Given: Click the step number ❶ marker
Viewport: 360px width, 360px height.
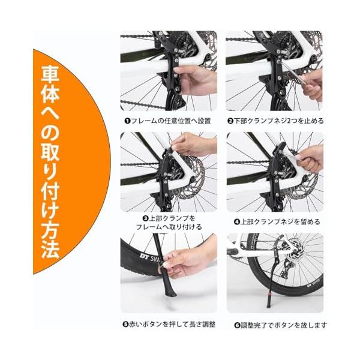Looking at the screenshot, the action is click(127, 121).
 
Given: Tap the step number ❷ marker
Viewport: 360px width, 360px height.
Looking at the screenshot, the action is click(230, 121).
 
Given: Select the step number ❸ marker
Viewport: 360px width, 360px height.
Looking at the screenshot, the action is click(146, 218).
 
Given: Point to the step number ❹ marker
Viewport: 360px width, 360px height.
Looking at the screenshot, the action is click(237, 222).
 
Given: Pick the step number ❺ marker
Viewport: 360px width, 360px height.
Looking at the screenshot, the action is click(125, 325).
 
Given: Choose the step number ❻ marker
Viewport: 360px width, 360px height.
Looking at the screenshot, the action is click(237, 326).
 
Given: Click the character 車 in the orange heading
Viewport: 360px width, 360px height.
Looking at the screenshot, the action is click(50, 74).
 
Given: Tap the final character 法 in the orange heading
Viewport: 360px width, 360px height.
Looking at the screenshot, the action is click(50, 249).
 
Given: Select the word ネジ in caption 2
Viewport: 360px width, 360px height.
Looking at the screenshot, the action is click(281, 121).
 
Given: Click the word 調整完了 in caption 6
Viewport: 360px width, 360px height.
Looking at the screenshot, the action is click(253, 326).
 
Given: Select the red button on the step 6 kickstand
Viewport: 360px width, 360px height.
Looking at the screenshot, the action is click(268, 293).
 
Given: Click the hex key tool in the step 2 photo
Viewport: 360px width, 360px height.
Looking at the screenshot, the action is click(293, 72).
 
